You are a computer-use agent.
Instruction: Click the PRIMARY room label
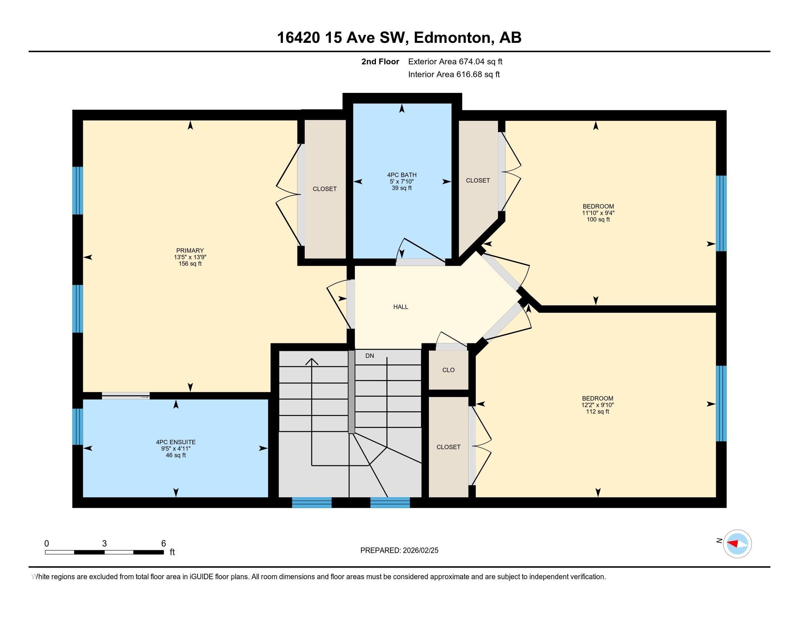[x=190, y=250]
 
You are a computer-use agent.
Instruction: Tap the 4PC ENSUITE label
[x=176, y=442]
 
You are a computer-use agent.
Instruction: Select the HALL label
[x=401, y=307]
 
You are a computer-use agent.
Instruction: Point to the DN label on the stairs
[x=369, y=356]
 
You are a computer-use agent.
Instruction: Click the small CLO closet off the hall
[x=448, y=370]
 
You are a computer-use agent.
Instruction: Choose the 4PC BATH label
[x=402, y=175]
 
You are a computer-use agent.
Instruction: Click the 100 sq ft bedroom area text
[x=598, y=219]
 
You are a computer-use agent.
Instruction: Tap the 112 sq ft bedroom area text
[x=597, y=412]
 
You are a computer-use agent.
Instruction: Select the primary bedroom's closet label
[x=324, y=189]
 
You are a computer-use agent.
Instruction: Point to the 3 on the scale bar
[x=104, y=544]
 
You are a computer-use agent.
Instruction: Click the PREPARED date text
[x=399, y=551]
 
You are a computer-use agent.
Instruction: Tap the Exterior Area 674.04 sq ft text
[x=455, y=62]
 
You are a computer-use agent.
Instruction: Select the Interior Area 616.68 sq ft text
[x=454, y=74]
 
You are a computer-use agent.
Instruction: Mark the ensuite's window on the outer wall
[x=78, y=426]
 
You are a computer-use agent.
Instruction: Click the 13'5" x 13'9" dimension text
[x=190, y=257]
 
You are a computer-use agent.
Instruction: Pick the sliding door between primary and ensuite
[x=126, y=396]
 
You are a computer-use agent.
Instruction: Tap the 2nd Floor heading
[x=380, y=62]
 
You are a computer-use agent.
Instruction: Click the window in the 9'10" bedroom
[x=721, y=404]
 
